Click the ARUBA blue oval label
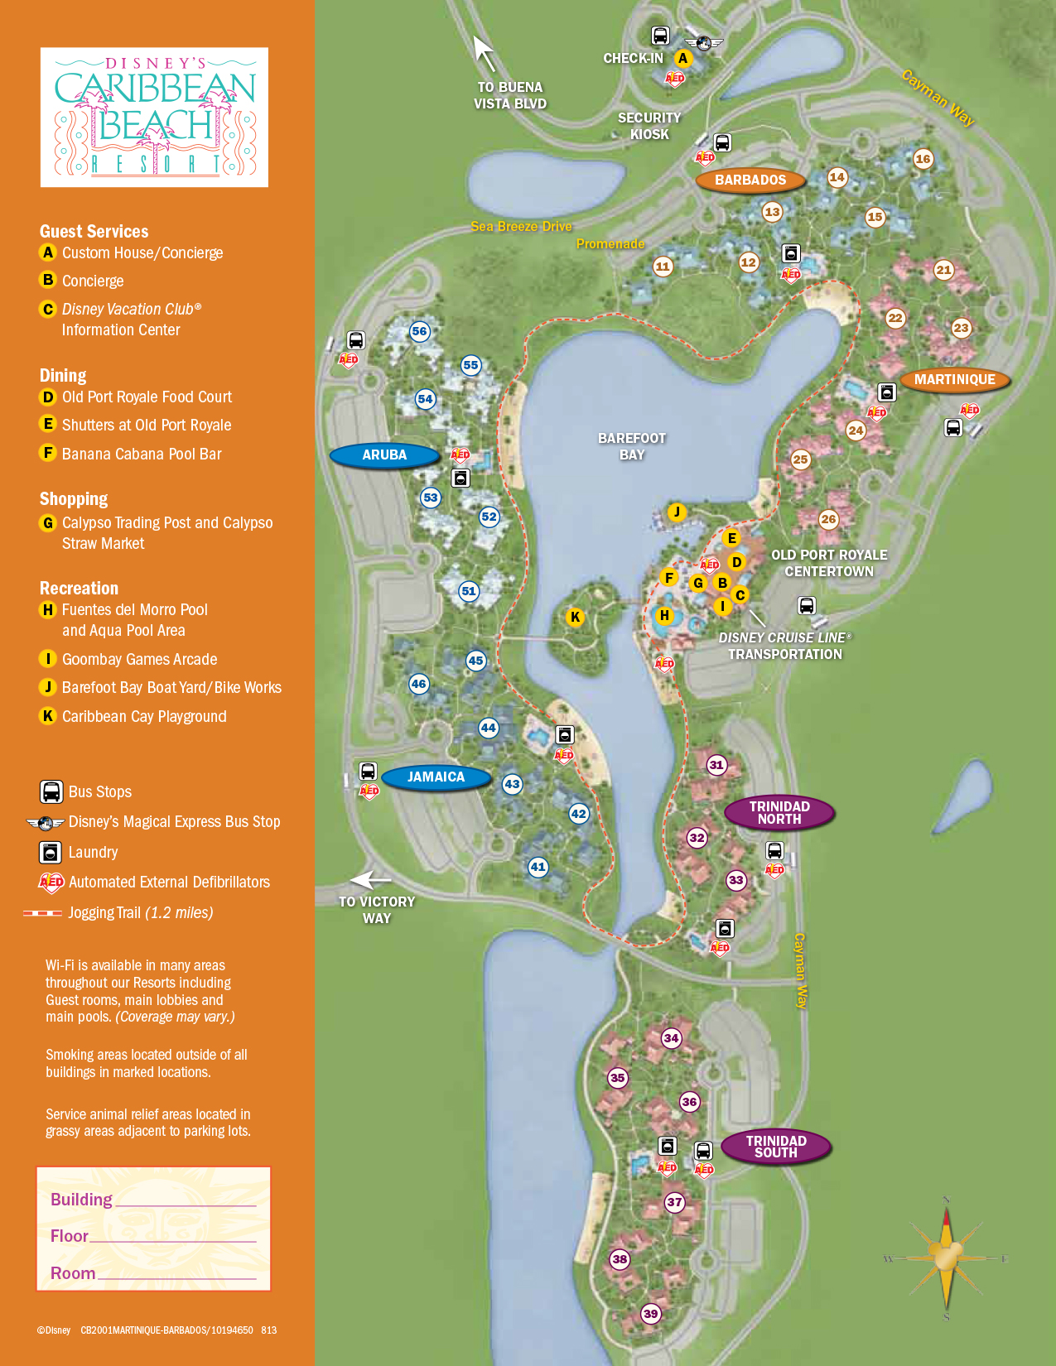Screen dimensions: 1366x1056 coord(384,455)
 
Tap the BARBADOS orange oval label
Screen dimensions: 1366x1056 coord(750,180)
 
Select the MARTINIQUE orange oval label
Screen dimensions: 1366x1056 coord(954,379)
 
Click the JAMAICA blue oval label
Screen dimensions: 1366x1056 coord(436,777)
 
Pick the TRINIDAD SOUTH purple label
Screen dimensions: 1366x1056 coord(775,1147)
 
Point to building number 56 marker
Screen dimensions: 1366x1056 coord(420,332)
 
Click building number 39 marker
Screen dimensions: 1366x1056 coord(651,1314)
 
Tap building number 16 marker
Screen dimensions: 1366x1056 coord(923,159)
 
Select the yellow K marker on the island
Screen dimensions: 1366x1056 coord(575,617)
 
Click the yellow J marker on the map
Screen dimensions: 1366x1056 coord(677,512)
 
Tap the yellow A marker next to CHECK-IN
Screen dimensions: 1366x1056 coord(683,59)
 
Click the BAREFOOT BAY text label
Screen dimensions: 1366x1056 coord(632,446)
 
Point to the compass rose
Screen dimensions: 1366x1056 coord(946,1258)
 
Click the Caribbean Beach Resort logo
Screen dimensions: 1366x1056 coord(155,117)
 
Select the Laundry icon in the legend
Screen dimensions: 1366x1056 coord(51,852)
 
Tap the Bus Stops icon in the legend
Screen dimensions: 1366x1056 coord(51,791)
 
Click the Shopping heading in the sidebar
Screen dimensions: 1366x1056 coord(74,499)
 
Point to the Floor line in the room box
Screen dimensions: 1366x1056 coord(153,1236)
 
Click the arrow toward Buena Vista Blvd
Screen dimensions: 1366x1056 coord(484,53)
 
